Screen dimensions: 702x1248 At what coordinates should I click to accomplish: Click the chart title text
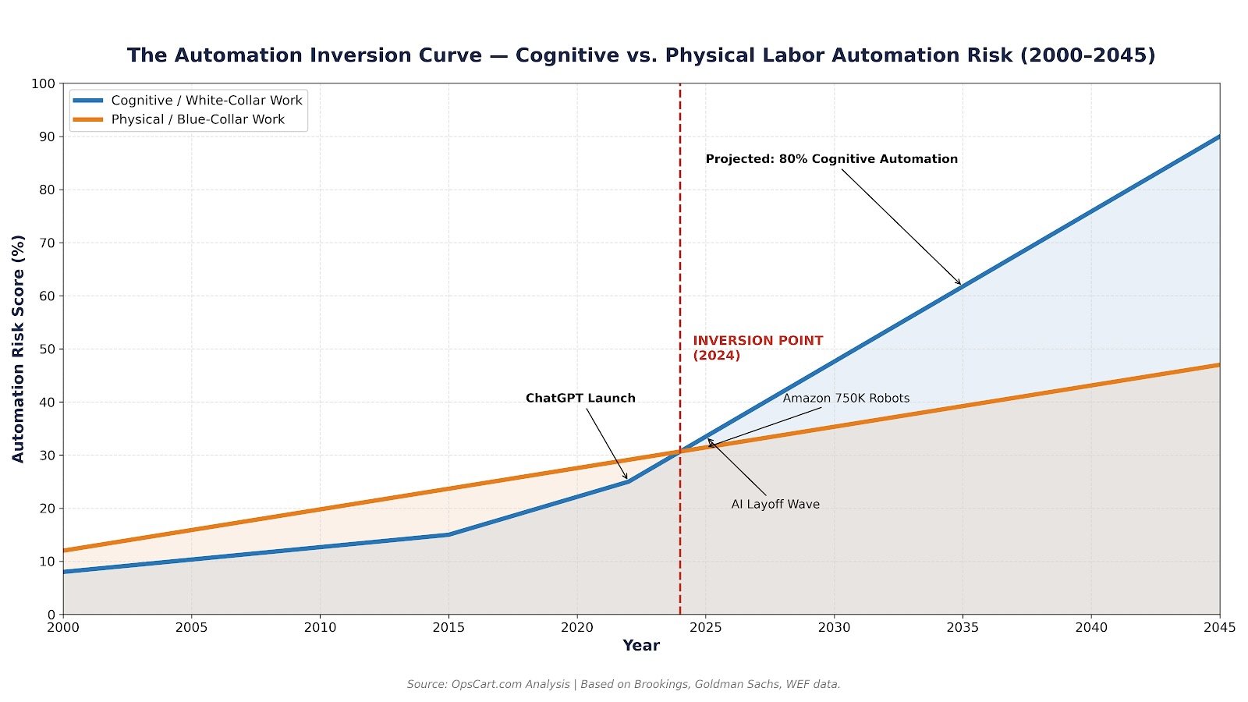[x=641, y=55]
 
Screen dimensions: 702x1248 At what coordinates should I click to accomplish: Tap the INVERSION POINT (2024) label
[x=757, y=348]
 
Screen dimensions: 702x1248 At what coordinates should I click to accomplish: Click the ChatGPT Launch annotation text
[x=580, y=398]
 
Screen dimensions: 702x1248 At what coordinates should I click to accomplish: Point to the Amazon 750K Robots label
[x=846, y=398]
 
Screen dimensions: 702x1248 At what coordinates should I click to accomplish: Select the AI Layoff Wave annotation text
[x=775, y=505]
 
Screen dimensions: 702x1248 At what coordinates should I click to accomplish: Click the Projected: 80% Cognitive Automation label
[x=831, y=159]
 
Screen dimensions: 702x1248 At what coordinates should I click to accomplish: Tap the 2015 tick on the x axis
[x=448, y=627]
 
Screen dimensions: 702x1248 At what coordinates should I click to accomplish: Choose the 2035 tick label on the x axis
[x=963, y=627]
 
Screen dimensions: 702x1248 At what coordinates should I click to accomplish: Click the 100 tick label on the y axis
[x=43, y=83]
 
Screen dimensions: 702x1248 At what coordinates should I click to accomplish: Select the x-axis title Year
[x=640, y=646]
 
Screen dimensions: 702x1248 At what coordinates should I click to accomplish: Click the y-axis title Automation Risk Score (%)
[x=18, y=349]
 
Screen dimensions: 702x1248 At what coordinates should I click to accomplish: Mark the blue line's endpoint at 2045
[x=1219, y=136]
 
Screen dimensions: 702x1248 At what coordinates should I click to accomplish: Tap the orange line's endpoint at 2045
[x=1219, y=364]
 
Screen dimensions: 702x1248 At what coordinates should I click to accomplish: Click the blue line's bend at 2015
[x=448, y=534]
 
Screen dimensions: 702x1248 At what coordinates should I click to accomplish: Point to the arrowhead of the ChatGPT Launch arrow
[x=626, y=479]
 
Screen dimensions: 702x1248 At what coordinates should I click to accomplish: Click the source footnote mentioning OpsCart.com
[x=623, y=684]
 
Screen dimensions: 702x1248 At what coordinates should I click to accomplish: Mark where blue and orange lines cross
[x=680, y=451]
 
